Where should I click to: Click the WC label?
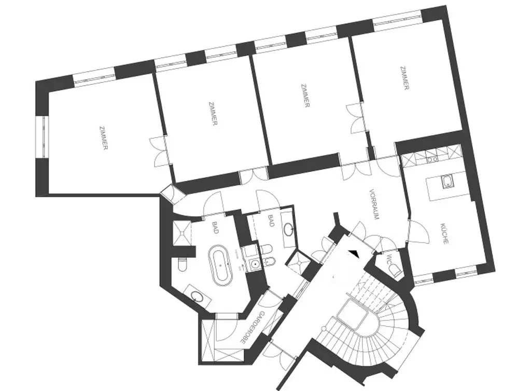coord(387,261)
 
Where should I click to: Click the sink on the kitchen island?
coord(447,182)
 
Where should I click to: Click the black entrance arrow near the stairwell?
coord(354,253)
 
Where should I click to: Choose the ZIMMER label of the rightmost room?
coord(404,78)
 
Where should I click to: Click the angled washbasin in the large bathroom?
coord(197,296)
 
